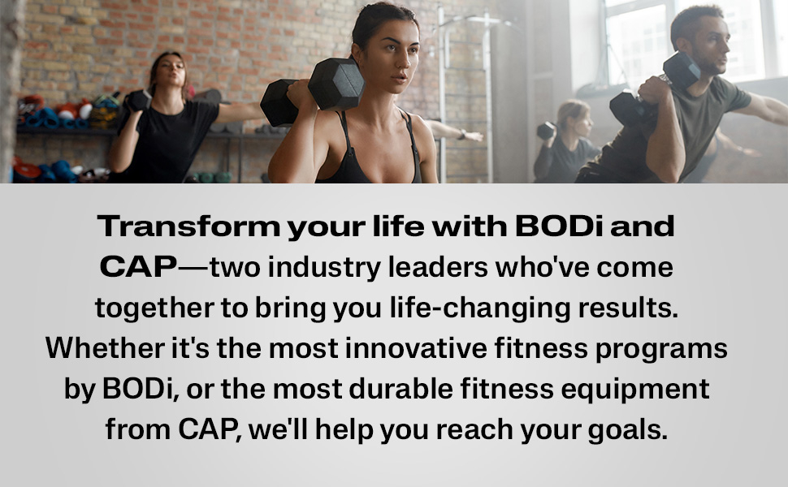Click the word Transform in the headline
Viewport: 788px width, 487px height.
188,226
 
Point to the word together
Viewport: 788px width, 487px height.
154,308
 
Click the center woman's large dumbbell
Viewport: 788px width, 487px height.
313,92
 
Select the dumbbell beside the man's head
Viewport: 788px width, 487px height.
682,71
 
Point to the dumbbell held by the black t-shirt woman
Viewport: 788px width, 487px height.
137,100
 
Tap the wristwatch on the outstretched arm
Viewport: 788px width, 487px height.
461,134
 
